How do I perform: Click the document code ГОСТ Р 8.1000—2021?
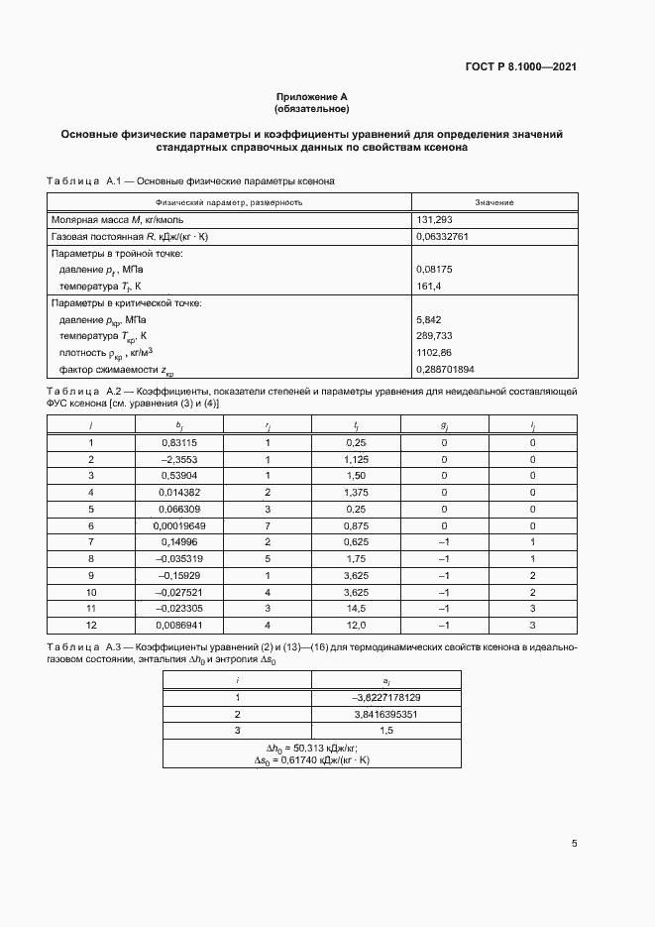pos(521,67)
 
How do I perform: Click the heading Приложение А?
pos(312,97)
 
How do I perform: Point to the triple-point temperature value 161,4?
pos(429,286)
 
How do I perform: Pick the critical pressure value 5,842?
pos(430,320)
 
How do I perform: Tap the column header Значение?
pos(493,202)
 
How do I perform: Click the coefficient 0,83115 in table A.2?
pos(178,442)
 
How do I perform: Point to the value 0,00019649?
pos(178,524)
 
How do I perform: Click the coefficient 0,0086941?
pos(178,625)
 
